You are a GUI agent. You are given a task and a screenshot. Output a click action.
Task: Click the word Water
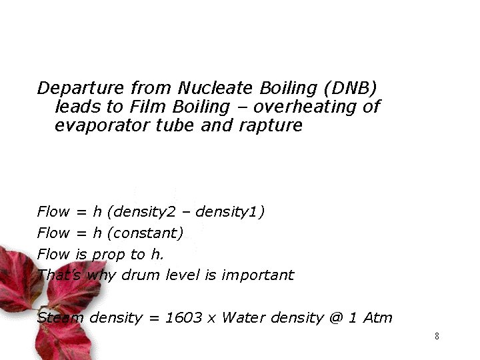(243, 318)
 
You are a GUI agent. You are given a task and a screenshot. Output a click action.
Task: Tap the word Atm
(377, 318)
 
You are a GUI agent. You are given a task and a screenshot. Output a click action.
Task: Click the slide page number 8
(437, 336)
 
